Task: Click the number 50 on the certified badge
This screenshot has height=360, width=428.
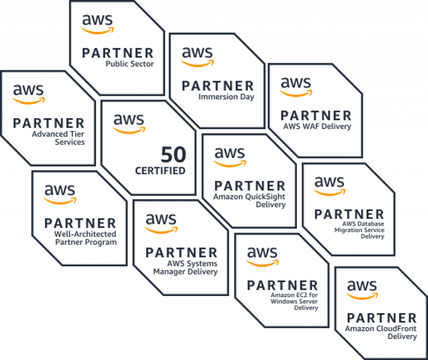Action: click(x=173, y=155)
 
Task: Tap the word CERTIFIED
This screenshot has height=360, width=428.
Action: click(x=160, y=171)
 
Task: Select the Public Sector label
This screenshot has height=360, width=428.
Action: click(x=130, y=64)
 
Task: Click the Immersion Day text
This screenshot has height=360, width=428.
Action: click(x=226, y=97)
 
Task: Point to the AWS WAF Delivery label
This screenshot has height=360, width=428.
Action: click(x=317, y=126)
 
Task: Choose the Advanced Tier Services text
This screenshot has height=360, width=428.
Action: click(x=58, y=138)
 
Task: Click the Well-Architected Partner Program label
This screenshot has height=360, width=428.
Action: click(x=85, y=238)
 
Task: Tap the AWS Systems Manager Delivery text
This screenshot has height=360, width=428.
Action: click(x=185, y=268)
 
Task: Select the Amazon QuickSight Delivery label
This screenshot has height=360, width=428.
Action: click(x=249, y=200)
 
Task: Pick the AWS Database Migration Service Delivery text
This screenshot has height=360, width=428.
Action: click(x=359, y=230)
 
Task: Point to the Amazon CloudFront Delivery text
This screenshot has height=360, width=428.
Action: click(x=381, y=332)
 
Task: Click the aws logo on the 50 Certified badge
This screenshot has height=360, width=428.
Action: click(x=129, y=124)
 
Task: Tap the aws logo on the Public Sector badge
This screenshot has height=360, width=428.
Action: click(x=97, y=24)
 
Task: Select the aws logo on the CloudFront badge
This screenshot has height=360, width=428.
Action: click(x=362, y=289)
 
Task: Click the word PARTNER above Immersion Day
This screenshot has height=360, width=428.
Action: click(x=218, y=86)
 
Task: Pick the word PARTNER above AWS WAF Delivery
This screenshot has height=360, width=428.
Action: click(x=316, y=116)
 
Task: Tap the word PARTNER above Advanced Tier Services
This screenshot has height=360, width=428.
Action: click(x=48, y=123)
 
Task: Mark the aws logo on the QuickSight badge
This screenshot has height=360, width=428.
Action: click(x=230, y=157)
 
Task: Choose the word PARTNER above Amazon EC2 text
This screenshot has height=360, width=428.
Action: click(x=283, y=286)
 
